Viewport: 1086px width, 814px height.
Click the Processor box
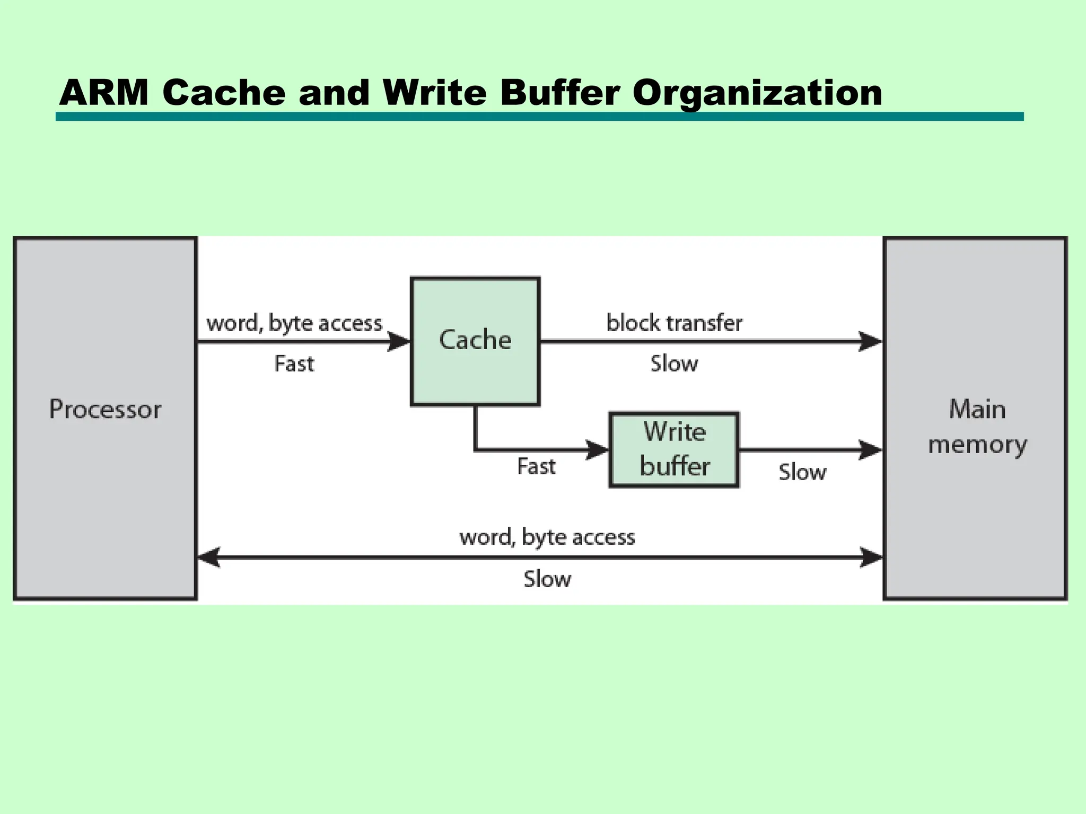[105, 419]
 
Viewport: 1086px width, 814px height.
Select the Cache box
[475, 341]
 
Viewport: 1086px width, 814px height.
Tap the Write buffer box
[674, 449]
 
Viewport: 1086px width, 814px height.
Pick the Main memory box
[975, 419]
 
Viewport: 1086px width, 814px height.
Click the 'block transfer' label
[674, 323]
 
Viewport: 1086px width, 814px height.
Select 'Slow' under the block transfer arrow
[674, 364]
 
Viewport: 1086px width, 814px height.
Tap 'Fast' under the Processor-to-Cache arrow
[294, 364]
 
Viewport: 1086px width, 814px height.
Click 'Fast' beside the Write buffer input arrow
[536, 466]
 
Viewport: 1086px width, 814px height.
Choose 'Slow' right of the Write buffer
[802, 472]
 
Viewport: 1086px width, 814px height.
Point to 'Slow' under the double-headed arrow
[547, 579]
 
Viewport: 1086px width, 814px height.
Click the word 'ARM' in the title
[104, 93]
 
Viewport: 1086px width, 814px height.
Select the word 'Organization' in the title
[757, 93]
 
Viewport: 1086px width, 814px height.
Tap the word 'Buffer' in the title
[559, 93]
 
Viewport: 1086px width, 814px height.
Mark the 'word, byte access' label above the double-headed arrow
[547, 537]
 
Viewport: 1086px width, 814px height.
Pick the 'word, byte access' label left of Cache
[294, 323]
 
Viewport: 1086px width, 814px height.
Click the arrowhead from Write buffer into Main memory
[870, 450]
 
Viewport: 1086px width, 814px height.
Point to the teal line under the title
[539, 117]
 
